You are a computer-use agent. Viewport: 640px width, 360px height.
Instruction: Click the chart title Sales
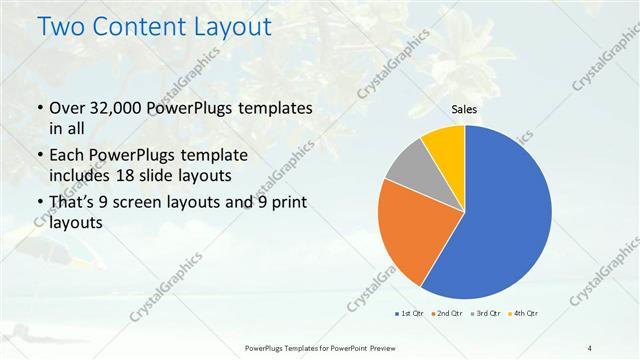click(464, 110)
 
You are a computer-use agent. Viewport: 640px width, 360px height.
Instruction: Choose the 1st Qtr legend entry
click(409, 314)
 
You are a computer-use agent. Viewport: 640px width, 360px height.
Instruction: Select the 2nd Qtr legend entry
click(447, 314)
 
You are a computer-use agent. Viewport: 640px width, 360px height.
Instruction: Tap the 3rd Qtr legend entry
click(485, 314)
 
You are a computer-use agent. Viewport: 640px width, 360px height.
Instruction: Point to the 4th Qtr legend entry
click(523, 314)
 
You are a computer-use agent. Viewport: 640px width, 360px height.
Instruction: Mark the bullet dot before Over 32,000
click(39, 108)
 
